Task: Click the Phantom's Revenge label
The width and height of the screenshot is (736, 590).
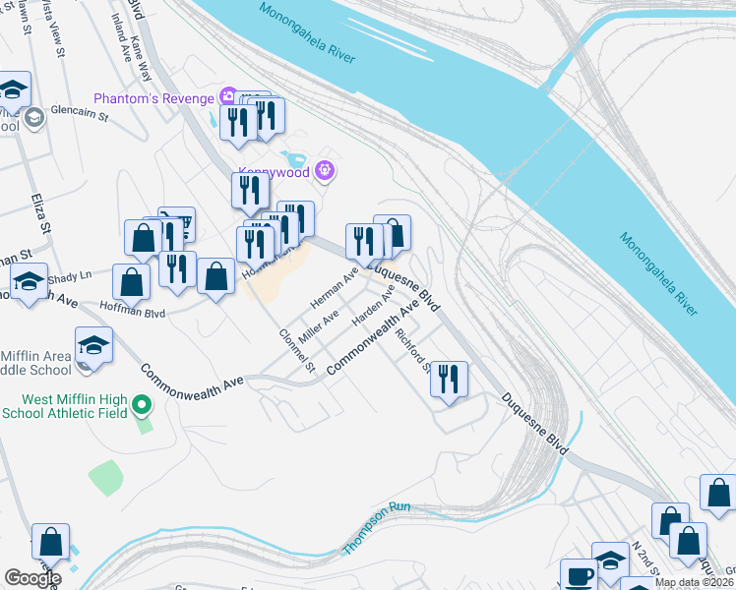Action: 155,97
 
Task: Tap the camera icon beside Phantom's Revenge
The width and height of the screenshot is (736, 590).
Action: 228,96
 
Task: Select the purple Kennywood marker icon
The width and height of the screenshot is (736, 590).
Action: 327,173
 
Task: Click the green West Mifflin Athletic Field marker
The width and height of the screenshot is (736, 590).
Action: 143,404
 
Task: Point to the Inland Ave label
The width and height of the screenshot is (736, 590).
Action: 120,37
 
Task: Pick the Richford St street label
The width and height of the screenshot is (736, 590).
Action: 411,350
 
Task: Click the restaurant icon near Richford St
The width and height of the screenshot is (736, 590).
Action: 449,378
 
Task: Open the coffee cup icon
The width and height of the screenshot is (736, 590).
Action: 579,575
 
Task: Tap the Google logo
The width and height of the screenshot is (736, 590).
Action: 32,578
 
